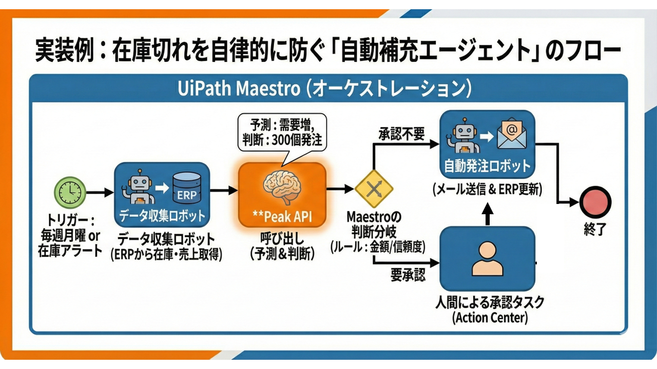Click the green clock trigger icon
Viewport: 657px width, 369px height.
69,192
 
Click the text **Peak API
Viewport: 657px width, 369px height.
282,216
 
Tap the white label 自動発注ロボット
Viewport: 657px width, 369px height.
486,166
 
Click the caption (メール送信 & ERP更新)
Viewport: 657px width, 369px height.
487,189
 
